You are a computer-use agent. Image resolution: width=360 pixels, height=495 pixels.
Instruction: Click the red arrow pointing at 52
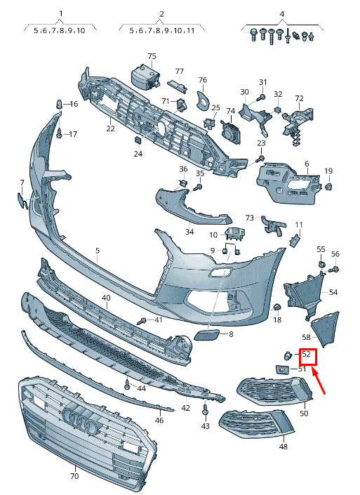pos(319,381)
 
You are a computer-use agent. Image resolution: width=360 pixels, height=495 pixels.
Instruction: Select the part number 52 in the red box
pos(307,354)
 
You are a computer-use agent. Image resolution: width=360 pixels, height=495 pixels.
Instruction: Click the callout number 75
pos(152,56)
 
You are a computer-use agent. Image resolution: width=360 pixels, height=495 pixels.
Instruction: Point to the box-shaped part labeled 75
pos(145,76)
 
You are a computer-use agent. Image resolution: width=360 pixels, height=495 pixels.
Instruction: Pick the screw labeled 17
pos(60,135)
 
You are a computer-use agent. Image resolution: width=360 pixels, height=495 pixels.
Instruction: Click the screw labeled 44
pos(128,383)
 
